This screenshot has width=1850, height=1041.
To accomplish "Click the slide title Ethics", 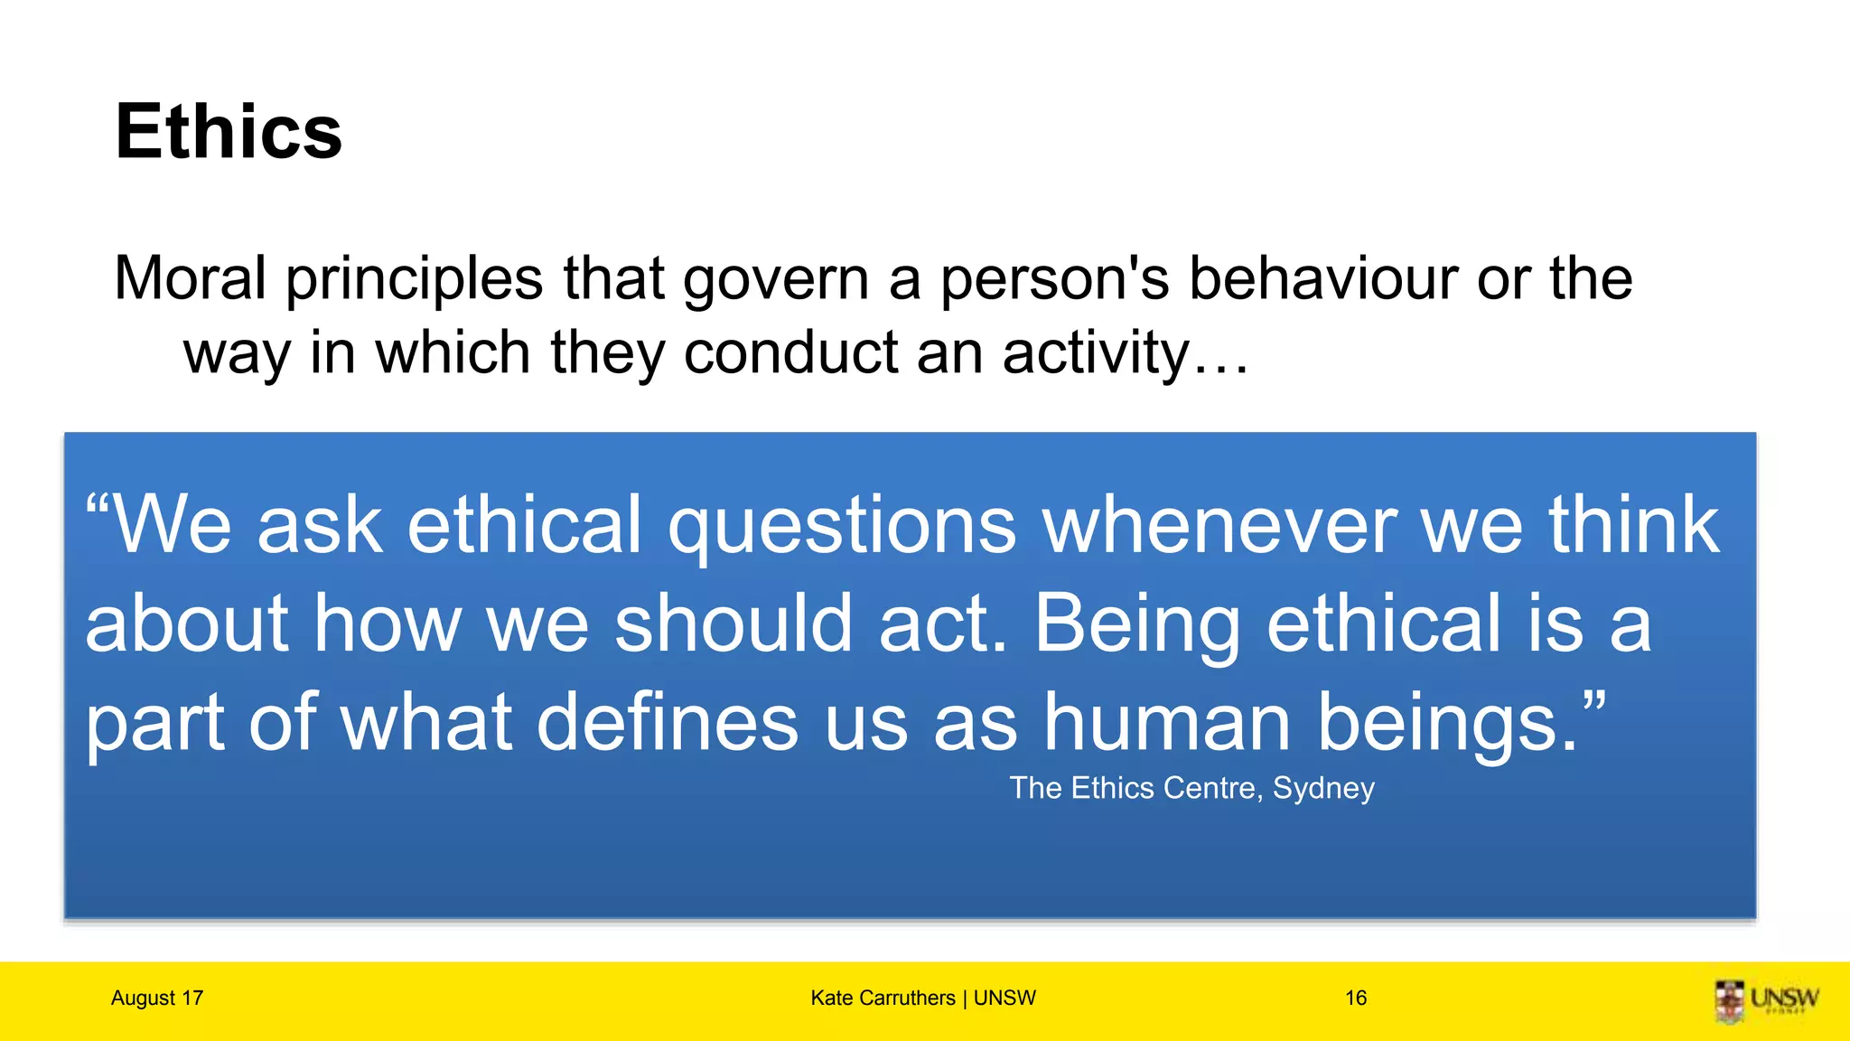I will pyautogui.click(x=229, y=132).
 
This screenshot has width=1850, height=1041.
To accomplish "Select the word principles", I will pyautogui.click(x=415, y=279).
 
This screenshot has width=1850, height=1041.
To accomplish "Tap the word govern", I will pyautogui.click(x=775, y=279).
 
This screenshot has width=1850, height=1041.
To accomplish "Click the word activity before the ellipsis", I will pyautogui.click(x=1097, y=353).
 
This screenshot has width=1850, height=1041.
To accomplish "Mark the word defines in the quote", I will pyautogui.click(x=668, y=723).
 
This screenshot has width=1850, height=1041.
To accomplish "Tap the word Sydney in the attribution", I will pyautogui.click(x=1323, y=789).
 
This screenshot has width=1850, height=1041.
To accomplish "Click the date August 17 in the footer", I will pyautogui.click(x=157, y=998).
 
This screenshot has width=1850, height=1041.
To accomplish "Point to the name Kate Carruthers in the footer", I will pyautogui.click(x=883, y=998).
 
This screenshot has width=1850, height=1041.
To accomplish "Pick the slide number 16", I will pyautogui.click(x=1355, y=998).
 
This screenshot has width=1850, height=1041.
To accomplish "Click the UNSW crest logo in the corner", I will pyautogui.click(x=1730, y=1001).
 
